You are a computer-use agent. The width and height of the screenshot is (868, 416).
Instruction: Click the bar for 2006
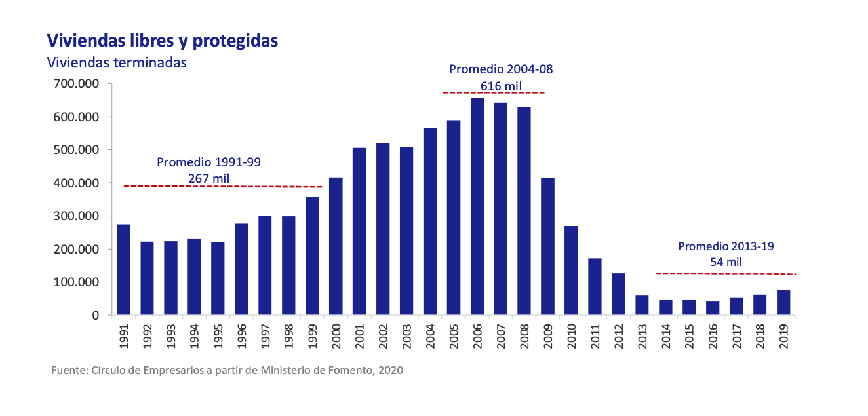coord(477,206)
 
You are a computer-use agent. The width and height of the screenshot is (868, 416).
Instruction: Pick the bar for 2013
coord(642,305)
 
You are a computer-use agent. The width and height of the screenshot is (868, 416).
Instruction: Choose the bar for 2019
coord(783,303)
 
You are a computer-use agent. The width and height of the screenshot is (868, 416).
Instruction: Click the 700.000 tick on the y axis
coord(77,84)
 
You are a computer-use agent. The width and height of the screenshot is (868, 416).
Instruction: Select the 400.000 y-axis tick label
coord(77,183)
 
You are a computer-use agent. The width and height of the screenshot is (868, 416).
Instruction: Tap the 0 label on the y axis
coord(95,316)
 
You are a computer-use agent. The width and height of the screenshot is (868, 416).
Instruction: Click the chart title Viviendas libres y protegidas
coord(163,41)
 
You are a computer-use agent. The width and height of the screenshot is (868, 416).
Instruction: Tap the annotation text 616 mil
coord(496,85)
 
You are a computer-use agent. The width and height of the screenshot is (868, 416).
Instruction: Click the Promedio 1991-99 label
coord(208,162)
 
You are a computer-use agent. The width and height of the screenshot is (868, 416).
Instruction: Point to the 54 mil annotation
coord(726,262)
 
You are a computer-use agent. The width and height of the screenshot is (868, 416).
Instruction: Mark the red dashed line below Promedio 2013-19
coord(726,273)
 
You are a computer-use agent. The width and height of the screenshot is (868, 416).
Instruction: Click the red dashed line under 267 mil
coord(223,187)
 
